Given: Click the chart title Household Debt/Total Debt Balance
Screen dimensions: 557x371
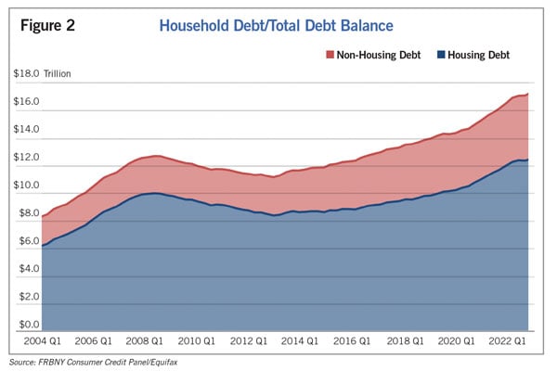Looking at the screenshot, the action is (276, 26).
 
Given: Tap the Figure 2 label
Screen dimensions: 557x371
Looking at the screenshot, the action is (47, 26).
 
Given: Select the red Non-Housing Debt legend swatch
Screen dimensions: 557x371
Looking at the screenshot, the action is (330, 55).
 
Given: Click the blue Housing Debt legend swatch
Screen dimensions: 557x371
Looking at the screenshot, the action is (441, 55).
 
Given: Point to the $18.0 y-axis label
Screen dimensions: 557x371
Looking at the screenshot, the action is (26, 73).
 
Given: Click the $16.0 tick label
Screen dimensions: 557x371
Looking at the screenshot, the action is (26, 101).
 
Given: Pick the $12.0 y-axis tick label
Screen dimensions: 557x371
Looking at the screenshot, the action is (26, 157).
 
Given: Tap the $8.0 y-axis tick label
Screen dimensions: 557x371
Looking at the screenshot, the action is (29, 213).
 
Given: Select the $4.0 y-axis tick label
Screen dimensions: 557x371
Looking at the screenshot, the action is (29, 268).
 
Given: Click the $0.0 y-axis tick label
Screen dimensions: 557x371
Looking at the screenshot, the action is (29, 325).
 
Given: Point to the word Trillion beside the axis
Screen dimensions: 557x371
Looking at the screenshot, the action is (58, 74).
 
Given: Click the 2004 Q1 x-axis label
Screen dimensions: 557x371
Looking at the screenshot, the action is (43, 341).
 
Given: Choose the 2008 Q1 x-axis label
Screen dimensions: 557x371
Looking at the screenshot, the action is (144, 341).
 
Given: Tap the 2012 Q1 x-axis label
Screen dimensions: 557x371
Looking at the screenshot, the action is (248, 341).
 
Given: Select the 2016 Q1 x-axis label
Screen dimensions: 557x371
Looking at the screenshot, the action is (352, 341).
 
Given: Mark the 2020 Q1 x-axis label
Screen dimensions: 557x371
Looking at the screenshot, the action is (456, 341).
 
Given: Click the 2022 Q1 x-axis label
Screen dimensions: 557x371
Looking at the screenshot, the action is (507, 341).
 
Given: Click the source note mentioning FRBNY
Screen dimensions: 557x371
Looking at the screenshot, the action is (93, 363).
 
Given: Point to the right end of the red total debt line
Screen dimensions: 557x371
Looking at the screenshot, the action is (528, 94).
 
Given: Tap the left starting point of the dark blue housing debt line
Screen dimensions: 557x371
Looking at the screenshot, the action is (43, 246).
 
